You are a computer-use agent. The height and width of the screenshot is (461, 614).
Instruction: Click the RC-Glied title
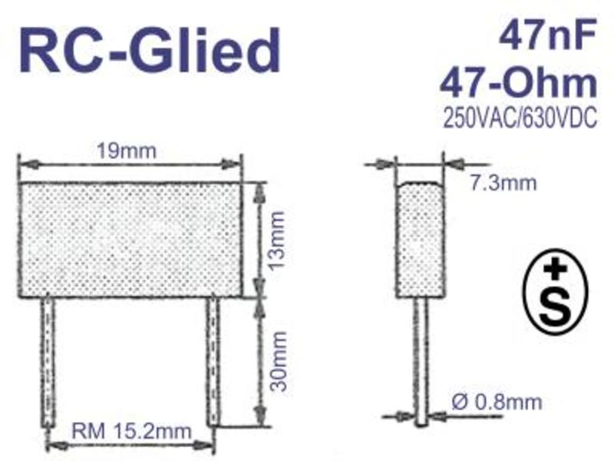pos(150,50)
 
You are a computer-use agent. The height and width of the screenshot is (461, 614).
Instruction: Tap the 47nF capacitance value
pos(548,33)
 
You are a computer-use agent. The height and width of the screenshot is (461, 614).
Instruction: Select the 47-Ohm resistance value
pos(518,83)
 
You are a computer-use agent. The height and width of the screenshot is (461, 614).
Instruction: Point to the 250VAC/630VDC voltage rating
pos(520,117)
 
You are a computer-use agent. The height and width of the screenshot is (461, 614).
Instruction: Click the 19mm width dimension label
pos(126,151)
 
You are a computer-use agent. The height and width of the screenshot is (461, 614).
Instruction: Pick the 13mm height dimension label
pos(277,239)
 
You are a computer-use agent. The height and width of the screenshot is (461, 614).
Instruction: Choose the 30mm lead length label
pos(279,361)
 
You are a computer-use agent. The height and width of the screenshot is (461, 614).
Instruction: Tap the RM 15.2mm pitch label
pos(131,431)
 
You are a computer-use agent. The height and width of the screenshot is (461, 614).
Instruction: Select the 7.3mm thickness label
pos(503,183)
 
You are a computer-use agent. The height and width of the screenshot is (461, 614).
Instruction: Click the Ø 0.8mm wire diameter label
pos(497,402)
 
